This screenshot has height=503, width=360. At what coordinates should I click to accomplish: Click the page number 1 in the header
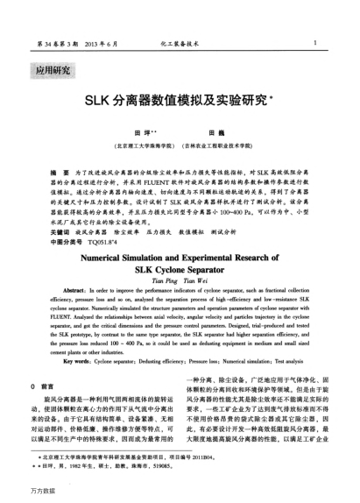click(x=326, y=41)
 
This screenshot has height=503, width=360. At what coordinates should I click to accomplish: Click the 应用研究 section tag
click(x=50, y=69)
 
